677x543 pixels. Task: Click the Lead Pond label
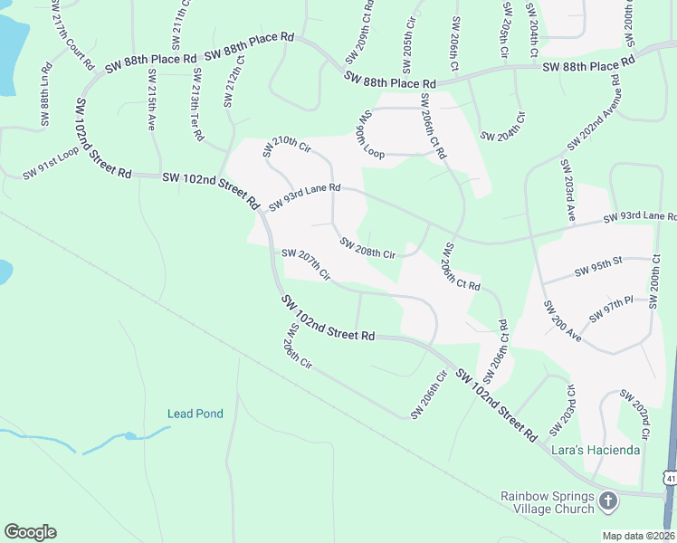[195, 414]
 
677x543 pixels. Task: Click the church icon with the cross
[608, 500]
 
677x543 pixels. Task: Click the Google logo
[30, 532]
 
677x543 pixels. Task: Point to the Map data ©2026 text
[638, 536]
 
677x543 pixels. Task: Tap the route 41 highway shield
[670, 477]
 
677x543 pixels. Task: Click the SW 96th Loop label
[371, 135]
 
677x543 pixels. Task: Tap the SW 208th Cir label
[367, 248]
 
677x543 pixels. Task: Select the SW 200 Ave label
[562, 319]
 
